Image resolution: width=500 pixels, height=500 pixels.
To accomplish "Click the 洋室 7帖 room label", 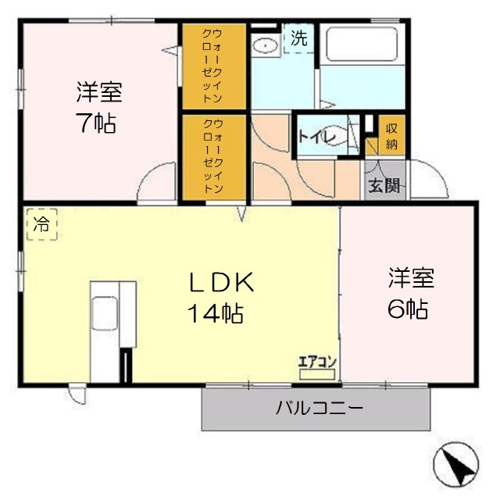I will point(98,108).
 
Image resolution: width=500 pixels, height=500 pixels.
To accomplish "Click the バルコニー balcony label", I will point(319,408).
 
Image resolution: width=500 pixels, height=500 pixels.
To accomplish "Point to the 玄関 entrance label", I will point(384,186).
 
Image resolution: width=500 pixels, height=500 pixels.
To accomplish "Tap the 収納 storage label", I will point(391,136).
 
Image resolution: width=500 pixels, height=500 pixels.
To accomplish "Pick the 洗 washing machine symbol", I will point(298,37).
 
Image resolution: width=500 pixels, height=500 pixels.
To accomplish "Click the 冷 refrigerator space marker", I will point(41,225).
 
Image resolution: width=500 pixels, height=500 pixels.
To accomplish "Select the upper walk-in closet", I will point(214,66).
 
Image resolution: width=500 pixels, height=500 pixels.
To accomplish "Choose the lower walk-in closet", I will point(214,158).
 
